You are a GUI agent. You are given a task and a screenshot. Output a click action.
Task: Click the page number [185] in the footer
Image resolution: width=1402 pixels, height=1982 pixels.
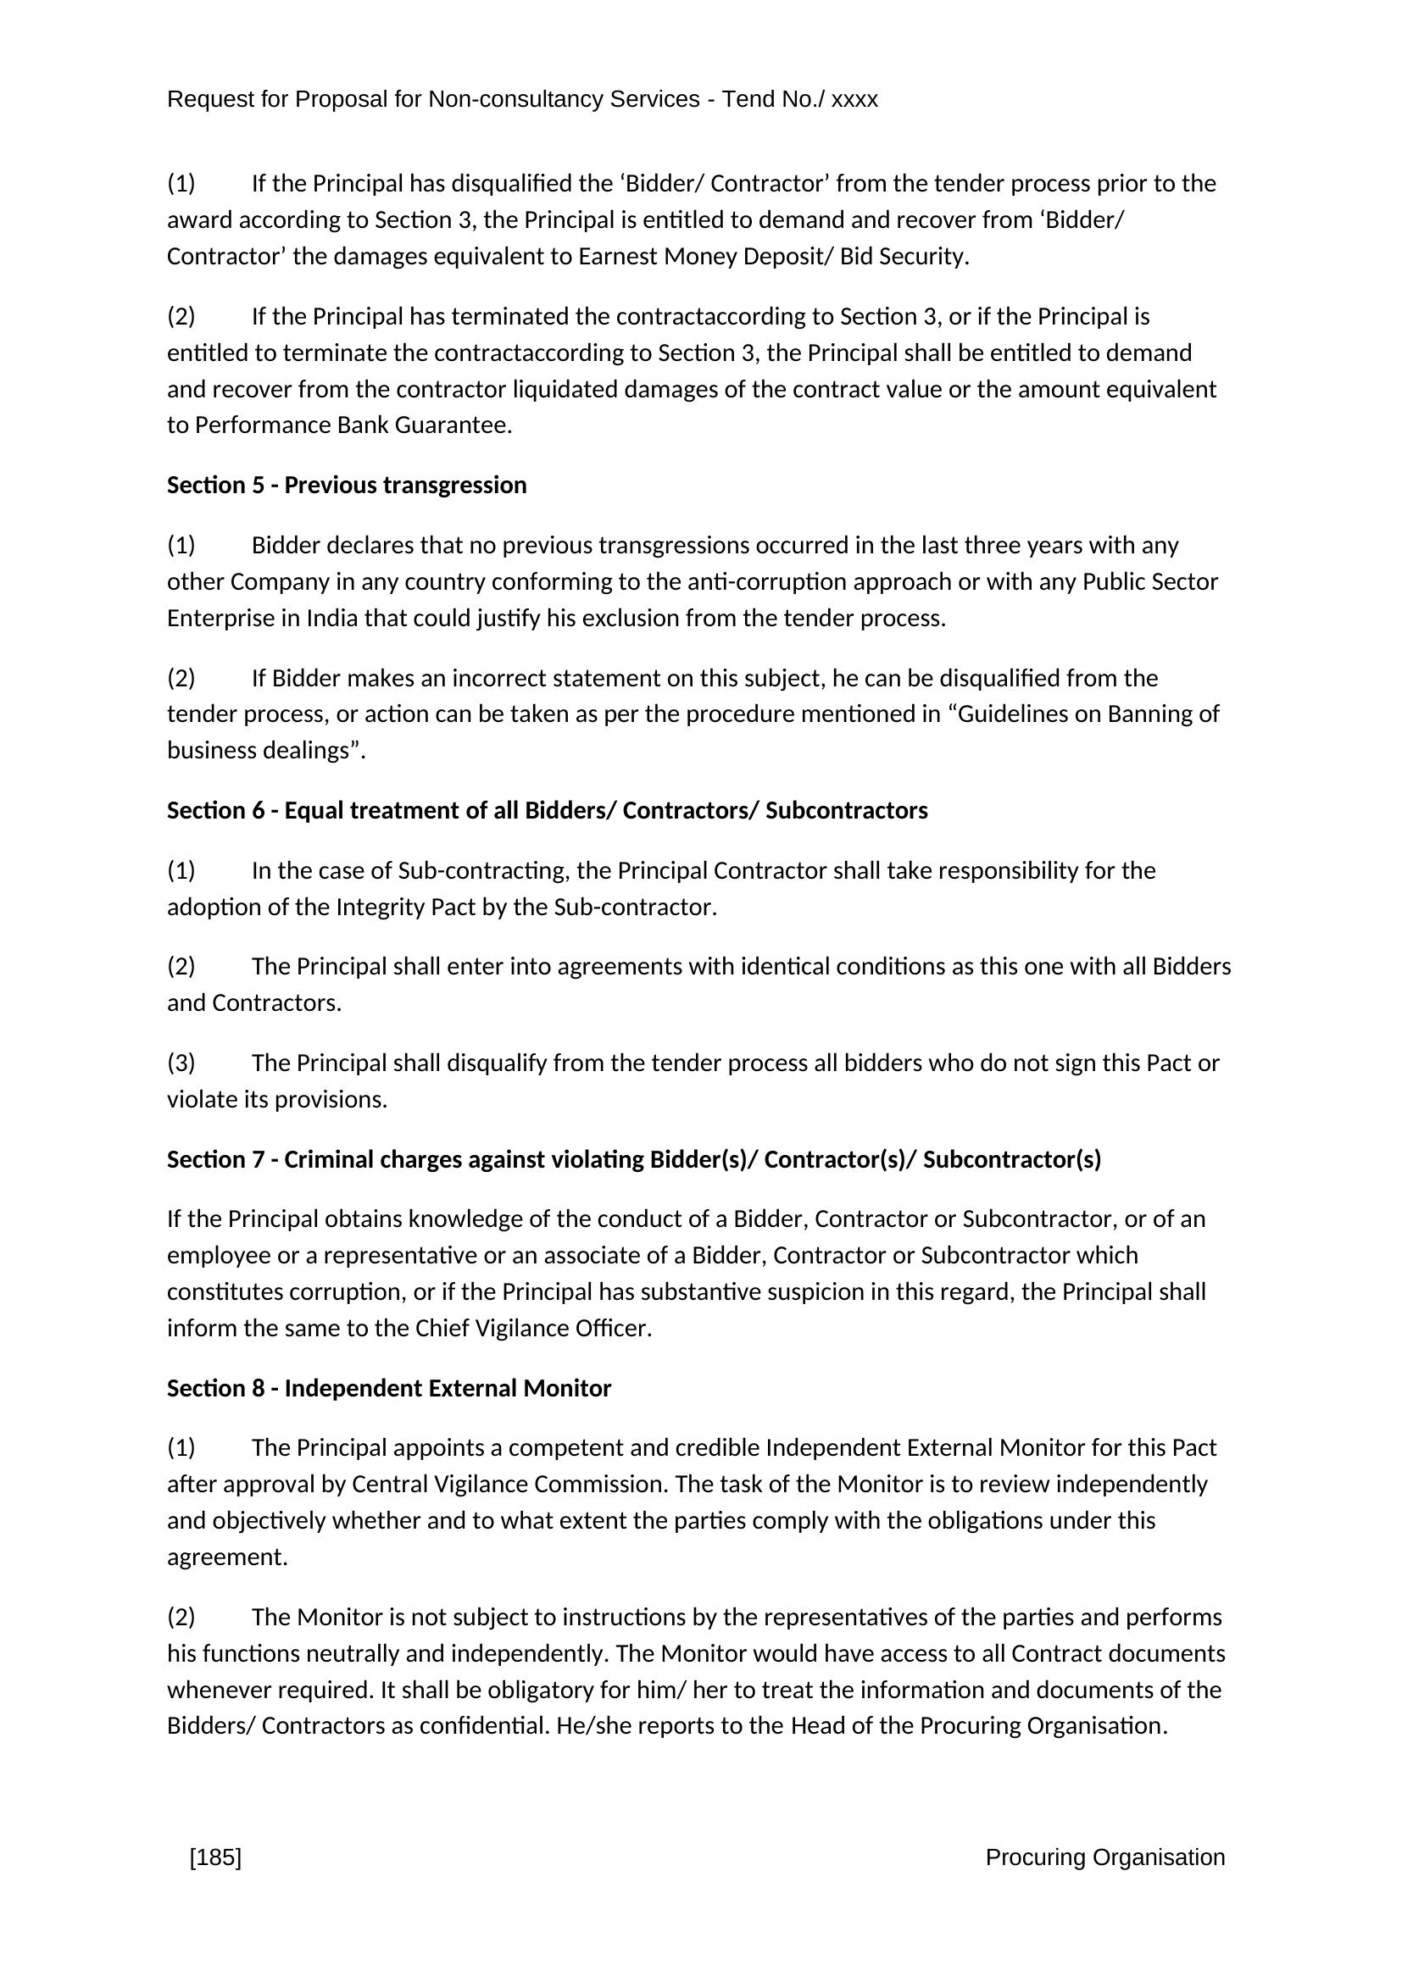pos(215,1857)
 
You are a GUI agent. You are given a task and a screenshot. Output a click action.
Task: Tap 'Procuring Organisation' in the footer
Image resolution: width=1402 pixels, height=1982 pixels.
pos(1105,1857)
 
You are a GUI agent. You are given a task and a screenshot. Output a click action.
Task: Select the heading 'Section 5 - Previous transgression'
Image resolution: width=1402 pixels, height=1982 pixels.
pos(346,486)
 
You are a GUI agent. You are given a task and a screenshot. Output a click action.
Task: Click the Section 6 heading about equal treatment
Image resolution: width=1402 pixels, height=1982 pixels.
pos(548,811)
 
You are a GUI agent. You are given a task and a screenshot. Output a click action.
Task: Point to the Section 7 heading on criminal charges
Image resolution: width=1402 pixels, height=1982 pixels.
pos(634,1159)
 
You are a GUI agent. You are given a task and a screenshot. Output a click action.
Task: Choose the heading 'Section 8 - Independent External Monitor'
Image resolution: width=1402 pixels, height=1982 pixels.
pos(388,1388)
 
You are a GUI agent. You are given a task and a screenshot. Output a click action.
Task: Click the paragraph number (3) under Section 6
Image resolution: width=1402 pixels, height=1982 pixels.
pos(181,1063)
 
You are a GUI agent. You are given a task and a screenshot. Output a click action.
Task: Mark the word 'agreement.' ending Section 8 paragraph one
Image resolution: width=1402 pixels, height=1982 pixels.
pos(227,1557)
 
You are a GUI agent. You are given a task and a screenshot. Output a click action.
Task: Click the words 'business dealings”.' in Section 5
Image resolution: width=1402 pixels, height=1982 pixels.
pos(266,750)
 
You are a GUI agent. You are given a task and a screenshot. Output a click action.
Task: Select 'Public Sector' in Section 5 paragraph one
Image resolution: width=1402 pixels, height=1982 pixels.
pos(1150,582)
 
